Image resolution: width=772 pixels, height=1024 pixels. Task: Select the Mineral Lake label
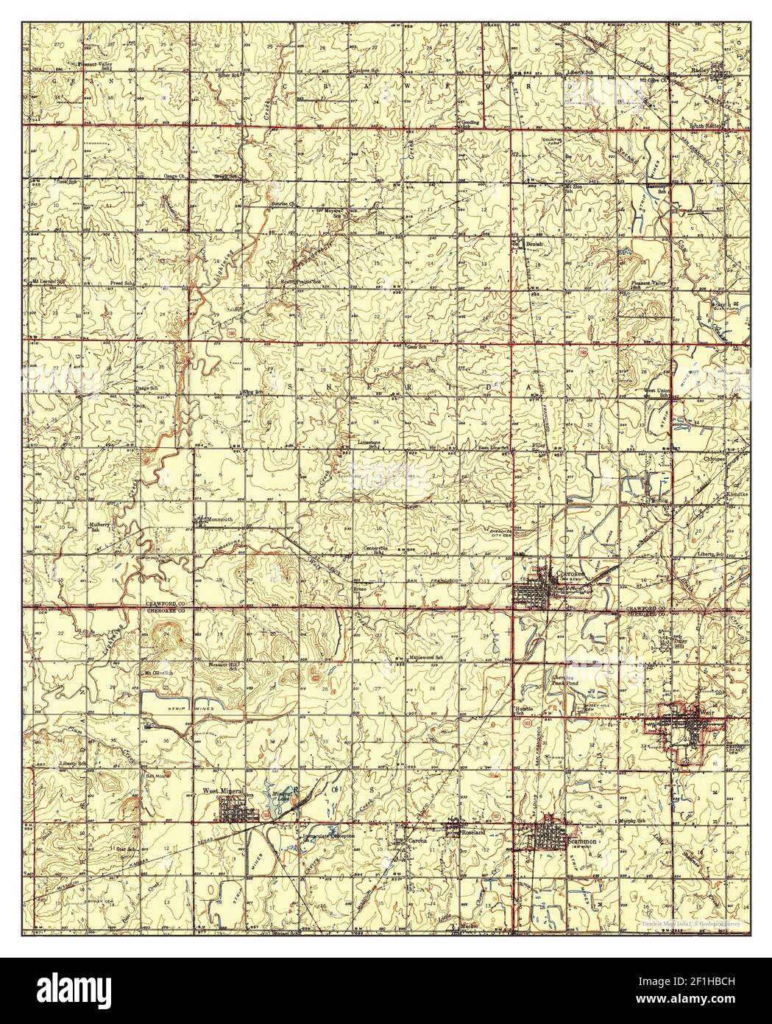coord(283,796)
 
